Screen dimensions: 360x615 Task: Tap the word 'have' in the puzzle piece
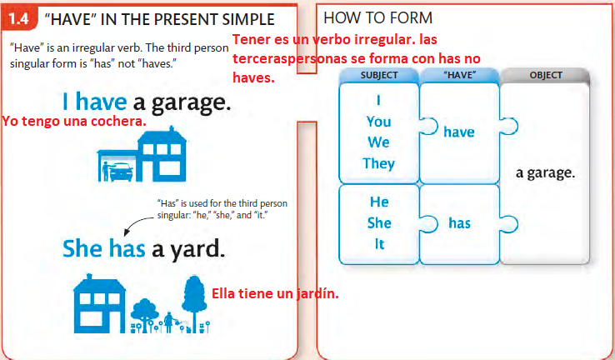tap(458, 131)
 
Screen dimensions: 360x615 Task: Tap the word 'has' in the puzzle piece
tap(459, 223)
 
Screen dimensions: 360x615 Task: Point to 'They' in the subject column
tap(378, 163)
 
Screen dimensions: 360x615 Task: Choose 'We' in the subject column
tap(378, 142)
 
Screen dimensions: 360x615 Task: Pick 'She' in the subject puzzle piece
tap(378, 223)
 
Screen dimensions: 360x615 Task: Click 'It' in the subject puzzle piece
tap(378, 245)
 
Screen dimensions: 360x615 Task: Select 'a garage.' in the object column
tap(545, 174)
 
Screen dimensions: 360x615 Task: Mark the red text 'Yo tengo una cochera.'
tap(74, 122)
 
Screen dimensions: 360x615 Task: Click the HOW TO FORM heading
tap(377, 17)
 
